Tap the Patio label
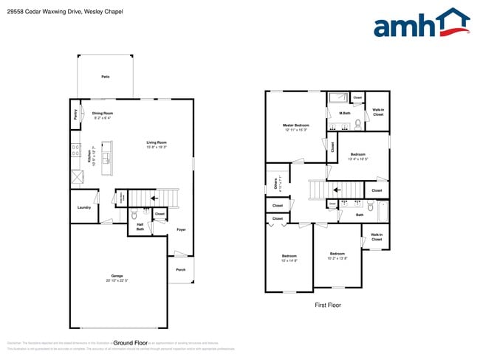pyautogui.click(x=106, y=77)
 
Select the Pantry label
pyautogui.click(x=75, y=115)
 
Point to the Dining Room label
pyautogui.click(x=103, y=113)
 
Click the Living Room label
pyautogui.click(x=156, y=142)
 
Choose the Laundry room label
pyautogui.click(x=84, y=207)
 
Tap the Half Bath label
pyautogui.click(x=140, y=226)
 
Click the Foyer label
pyautogui.click(x=181, y=229)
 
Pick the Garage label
pyautogui.click(x=117, y=276)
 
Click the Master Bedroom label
pyautogui.click(x=296, y=125)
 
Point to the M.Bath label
pyautogui.click(x=344, y=113)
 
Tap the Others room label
pyautogui.click(x=275, y=184)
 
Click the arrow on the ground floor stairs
pyautogui.click(x=154, y=198)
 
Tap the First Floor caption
pyautogui.click(x=328, y=305)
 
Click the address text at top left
pyautogui.click(x=61, y=12)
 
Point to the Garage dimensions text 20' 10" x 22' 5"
pyautogui.click(x=117, y=281)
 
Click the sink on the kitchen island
pyautogui.click(x=108, y=158)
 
